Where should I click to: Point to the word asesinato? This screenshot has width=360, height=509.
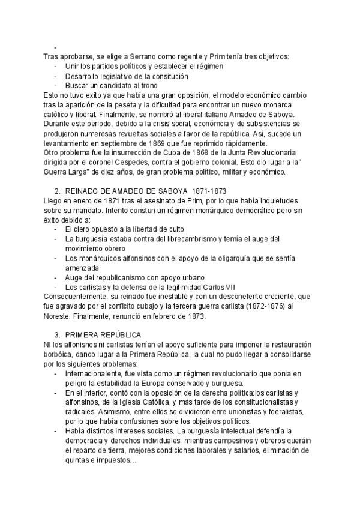click(x=161, y=200)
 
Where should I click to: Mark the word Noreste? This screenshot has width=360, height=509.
click(x=60, y=316)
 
